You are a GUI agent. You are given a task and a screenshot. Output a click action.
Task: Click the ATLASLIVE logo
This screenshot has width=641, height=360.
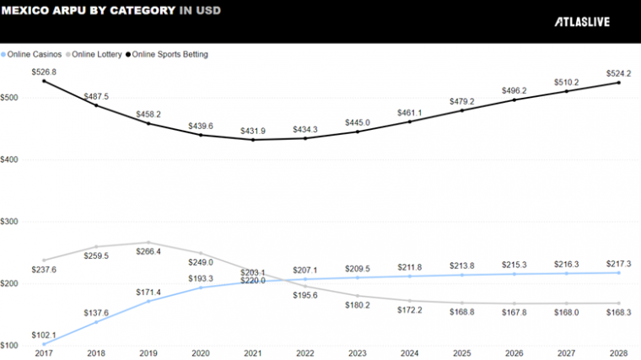tap(581, 22)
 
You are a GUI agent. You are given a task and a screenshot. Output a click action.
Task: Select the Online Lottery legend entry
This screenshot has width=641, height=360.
tap(94, 54)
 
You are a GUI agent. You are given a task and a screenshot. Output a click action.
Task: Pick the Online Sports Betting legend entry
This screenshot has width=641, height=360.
tap(166, 54)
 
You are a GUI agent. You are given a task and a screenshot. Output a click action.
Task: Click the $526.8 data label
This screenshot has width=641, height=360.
tap(44, 72)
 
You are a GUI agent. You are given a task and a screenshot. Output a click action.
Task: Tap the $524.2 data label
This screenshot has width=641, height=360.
tap(620, 73)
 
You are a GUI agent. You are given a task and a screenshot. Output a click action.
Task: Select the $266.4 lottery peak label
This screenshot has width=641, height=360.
tap(148, 251)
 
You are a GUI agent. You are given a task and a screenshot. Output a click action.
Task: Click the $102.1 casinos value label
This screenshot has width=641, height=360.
tap(44, 334)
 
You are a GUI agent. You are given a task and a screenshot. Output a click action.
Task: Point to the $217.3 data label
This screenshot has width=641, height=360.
tap(620, 263)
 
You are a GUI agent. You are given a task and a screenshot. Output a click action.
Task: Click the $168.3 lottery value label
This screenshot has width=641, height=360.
tap(620, 312)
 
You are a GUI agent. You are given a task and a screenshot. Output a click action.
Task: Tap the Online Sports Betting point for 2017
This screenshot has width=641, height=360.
tap(44, 80)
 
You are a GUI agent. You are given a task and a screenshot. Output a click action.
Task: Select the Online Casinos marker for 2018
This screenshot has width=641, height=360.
tap(95, 322)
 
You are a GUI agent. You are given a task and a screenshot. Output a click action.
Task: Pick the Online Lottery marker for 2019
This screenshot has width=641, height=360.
tap(148, 242)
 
